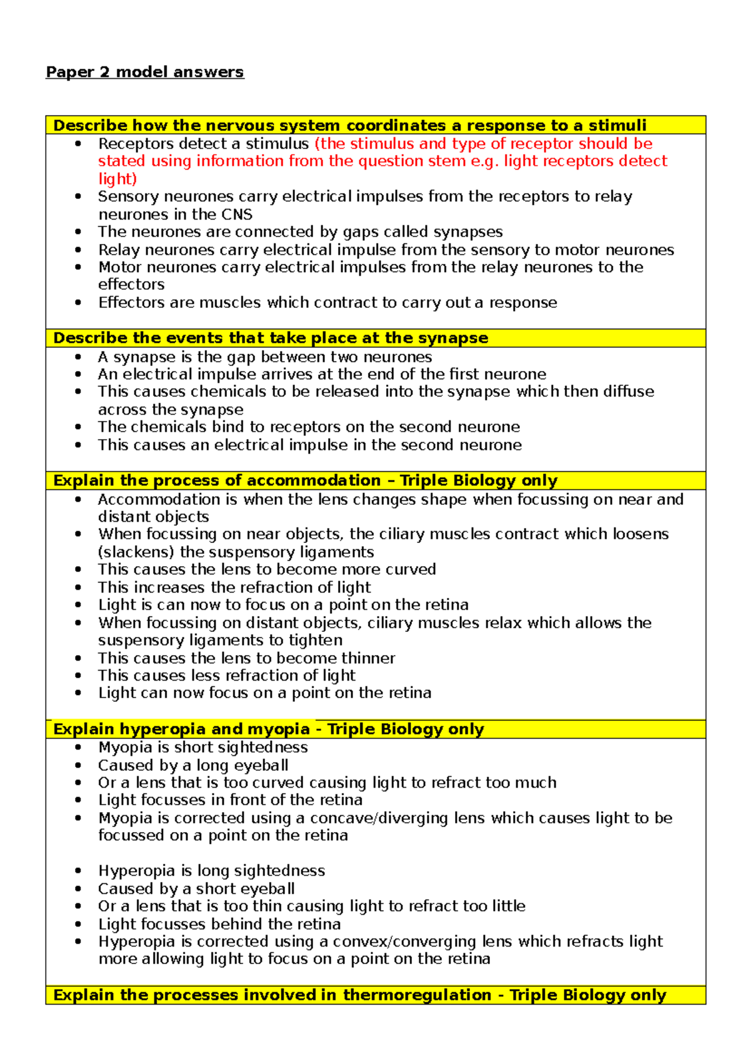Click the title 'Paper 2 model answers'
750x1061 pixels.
pos(144,72)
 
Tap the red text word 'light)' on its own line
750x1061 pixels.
pos(117,179)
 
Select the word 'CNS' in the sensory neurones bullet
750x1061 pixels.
pos(237,215)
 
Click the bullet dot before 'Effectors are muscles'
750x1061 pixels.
pos(77,302)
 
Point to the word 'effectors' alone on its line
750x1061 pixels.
pos(131,285)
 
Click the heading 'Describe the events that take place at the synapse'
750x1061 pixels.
pos(271,338)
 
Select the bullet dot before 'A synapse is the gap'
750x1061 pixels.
pos(77,357)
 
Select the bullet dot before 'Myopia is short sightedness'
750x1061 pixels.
pos(77,748)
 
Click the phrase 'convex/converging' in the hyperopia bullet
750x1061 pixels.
pos(404,942)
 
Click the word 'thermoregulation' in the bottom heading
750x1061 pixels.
pos(417,995)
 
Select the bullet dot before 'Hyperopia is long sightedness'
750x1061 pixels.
pos(77,871)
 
